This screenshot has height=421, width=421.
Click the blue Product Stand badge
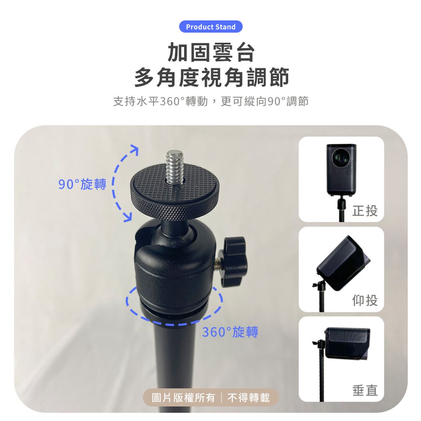pos(211,27)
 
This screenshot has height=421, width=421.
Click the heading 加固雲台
pos(211,53)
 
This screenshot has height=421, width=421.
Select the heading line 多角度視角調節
pos(211,77)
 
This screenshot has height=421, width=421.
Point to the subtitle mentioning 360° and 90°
pos(211,102)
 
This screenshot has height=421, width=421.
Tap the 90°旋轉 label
pos(82,184)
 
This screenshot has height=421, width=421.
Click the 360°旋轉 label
pos(230,332)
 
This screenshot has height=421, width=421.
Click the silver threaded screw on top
pos(174,167)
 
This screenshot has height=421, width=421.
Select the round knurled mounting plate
pos(174,192)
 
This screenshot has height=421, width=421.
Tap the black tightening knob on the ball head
pos(234,260)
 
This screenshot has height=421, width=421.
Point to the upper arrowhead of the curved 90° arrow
pos(134,149)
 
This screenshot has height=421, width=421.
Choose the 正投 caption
pos(365,210)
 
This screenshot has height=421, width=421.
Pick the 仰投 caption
pos(365,300)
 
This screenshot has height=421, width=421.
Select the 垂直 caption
pos(365,390)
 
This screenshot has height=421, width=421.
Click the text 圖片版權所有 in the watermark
pos(183,398)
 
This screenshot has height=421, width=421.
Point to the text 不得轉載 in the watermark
pos(248,398)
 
